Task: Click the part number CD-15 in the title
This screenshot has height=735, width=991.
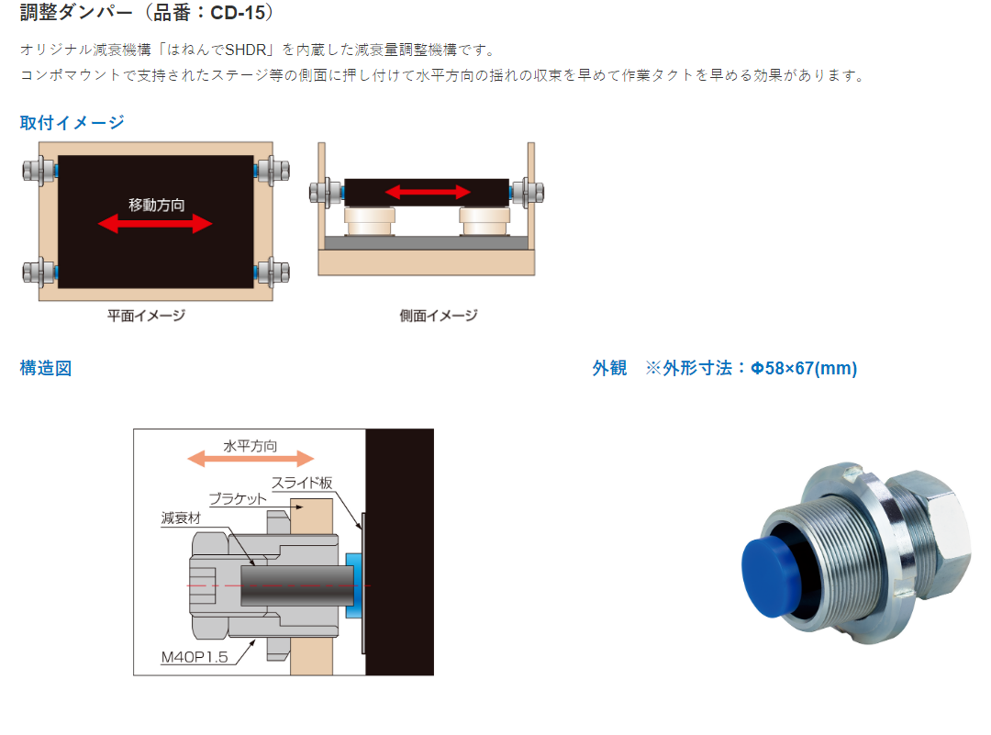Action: [238, 12]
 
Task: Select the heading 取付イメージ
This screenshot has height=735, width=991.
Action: [72, 123]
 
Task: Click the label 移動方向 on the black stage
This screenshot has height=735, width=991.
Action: [157, 205]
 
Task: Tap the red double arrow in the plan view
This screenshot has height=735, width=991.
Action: [155, 223]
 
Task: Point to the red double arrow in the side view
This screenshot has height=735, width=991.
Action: [428, 192]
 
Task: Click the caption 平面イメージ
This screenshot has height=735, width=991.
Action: [147, 316]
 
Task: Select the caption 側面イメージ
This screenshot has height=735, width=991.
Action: [439, 316]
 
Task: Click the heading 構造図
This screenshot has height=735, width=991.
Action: [46, 368]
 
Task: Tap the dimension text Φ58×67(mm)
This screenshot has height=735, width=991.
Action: [803, 368]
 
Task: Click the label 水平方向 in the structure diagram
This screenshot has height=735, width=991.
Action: [251, 446]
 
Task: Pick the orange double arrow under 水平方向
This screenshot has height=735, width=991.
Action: [251, 459]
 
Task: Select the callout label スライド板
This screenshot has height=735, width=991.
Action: [302, 483]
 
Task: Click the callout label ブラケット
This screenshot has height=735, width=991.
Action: [239, 498]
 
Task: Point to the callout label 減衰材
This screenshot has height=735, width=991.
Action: [181, 518]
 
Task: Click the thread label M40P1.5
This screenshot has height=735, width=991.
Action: [195, 657]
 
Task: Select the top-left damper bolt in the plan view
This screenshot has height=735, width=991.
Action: [39, 171]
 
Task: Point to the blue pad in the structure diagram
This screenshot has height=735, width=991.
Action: [353, 585]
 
